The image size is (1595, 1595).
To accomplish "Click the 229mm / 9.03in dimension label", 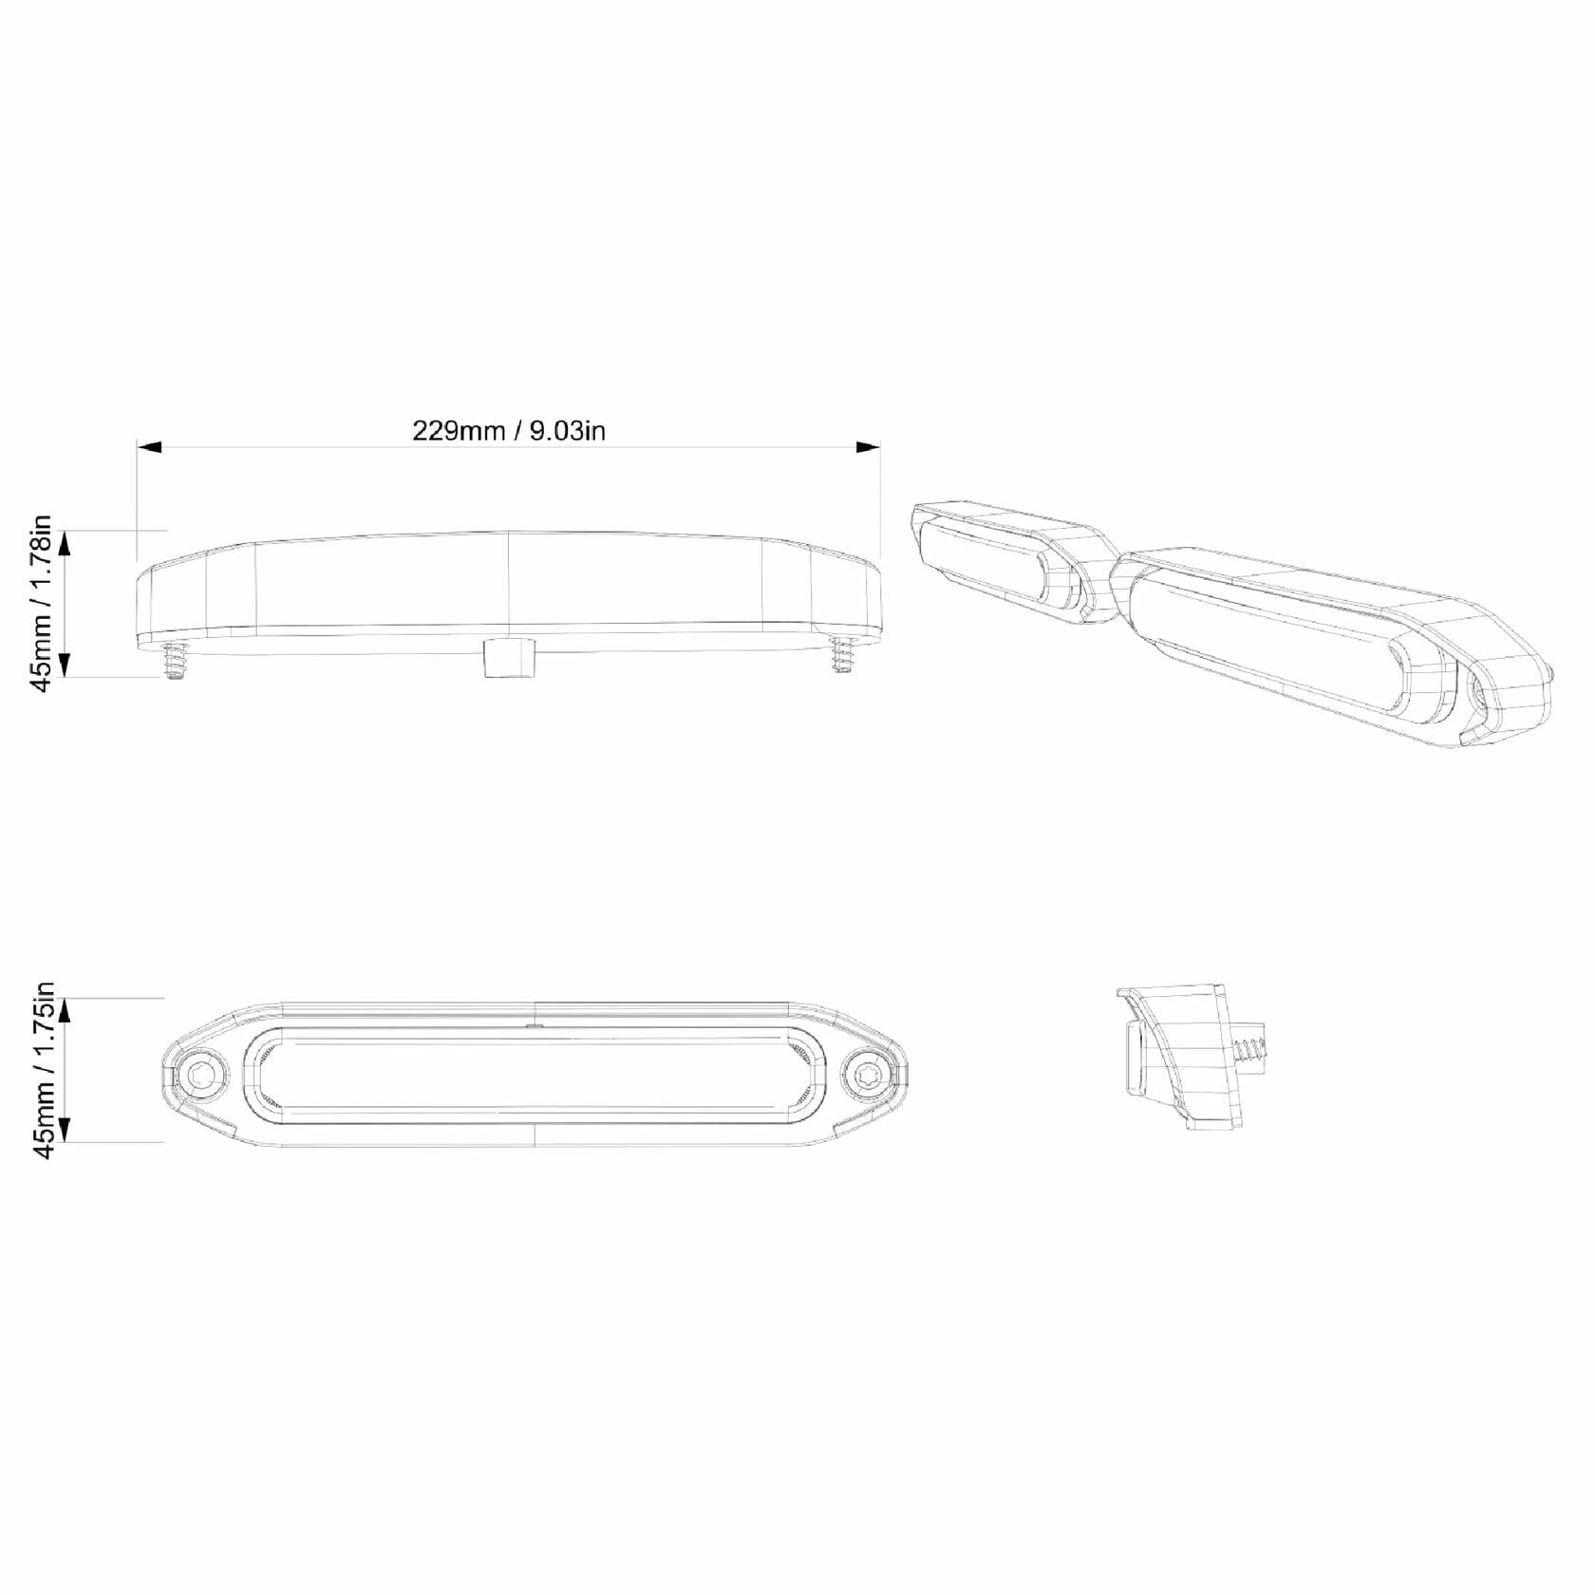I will coord(509,430).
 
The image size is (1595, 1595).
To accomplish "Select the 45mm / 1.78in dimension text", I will coord(44,604).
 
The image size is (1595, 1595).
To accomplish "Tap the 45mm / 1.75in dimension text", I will coord(44,1070).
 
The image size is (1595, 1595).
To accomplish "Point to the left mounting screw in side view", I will coord(174,659).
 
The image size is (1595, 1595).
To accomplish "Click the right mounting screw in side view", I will coord(842,655).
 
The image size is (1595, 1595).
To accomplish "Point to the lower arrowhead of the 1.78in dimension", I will coord(66,664).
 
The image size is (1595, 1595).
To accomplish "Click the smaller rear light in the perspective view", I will coord(1006,565).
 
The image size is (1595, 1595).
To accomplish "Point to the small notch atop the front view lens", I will coord(535,1025).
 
